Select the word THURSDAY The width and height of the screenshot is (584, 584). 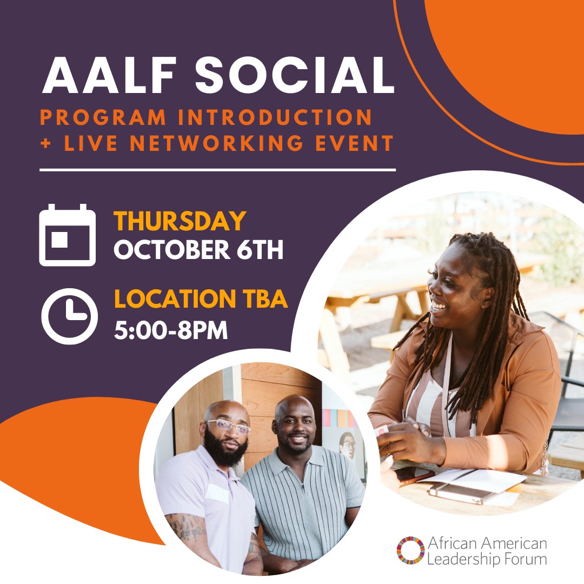coord(180,221)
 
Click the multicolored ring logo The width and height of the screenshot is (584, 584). coord(410,550)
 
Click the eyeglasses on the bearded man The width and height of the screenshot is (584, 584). coord(229,427)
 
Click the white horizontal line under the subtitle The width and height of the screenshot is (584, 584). coord(217,170)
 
